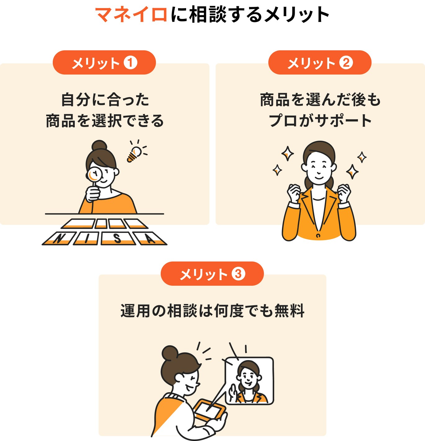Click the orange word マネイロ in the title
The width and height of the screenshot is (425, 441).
[132, 15]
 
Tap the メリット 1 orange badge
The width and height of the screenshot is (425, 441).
[104, 63]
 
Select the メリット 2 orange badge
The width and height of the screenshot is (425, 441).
[320, 63]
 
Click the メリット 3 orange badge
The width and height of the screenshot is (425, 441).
[212, 274]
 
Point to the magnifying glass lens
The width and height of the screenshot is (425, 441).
[94, 174]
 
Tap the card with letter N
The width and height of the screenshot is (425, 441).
[59, 239]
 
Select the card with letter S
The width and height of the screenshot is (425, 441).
[117, 239]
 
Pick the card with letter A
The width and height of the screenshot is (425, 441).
[150, 239]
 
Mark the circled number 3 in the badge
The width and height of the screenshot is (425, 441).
[238, 274]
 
